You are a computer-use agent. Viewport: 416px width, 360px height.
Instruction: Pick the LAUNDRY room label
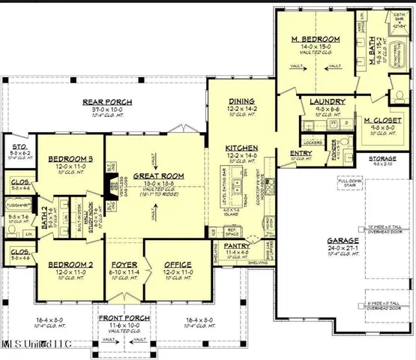click(x=327, y=100)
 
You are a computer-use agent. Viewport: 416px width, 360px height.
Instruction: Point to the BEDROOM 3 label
click(x=70, y=159)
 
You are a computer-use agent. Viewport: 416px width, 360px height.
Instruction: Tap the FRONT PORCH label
click(x=120, y=318)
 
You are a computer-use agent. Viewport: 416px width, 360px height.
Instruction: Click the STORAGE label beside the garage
click(x=385, y=158)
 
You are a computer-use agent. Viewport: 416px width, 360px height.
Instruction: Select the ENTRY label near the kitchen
click(x=301, y=154)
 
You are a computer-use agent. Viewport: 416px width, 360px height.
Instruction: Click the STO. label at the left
click(x=16, y=145)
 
